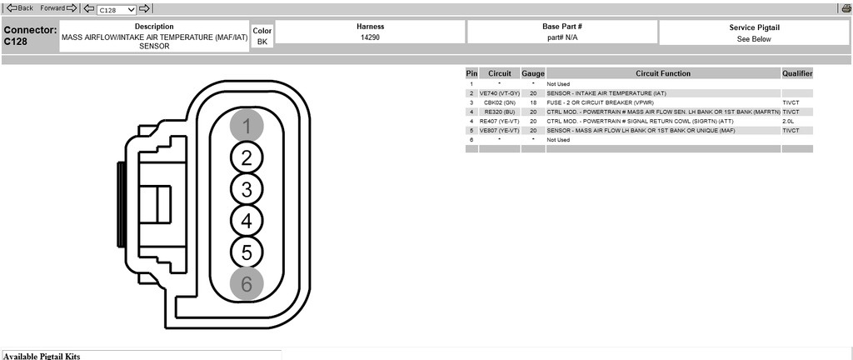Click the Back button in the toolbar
pyautogui.click(x=20, y=8)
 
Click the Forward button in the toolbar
pyautogui.click(x=59, y=8)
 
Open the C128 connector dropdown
pyautogui.click(x=117, y=9)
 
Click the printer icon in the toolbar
pyautogui.click(x=847, y=8)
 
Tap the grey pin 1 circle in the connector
pyautogui.click(x=247, y=126)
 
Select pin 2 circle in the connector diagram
pyautogui.click(x=247, y=157)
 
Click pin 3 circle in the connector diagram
pyautogui.click(x=247, y=189)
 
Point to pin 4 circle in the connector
pyautogui.click(x=247, y=221)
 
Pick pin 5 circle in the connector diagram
pyautogui.click(x=247, y=252)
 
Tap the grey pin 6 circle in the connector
pyautogui.click(x=247, y=284)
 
